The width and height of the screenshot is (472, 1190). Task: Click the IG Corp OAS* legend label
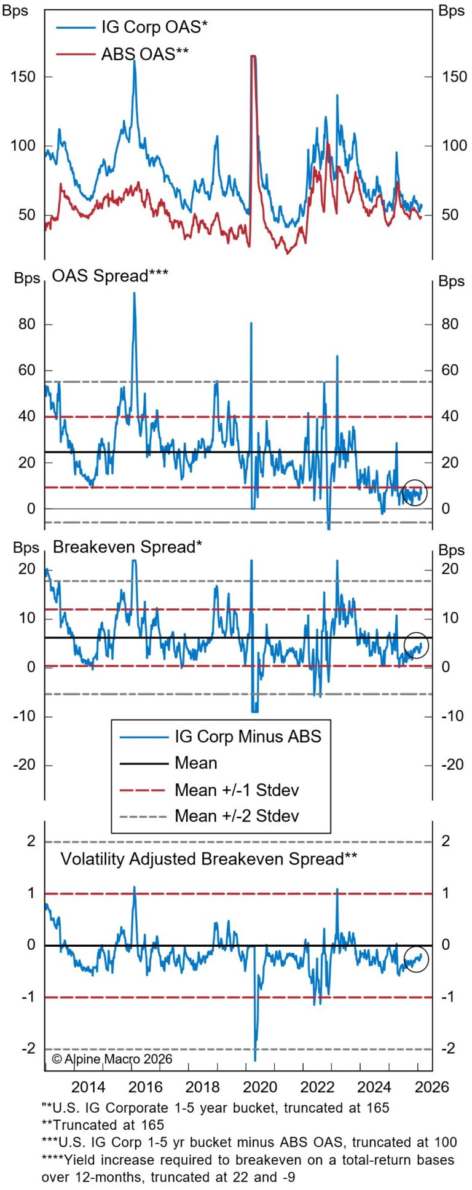click(x=154, y=27)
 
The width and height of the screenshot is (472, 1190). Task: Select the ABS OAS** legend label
click(x=144, y=54)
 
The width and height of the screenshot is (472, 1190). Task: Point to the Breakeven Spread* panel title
click(x=127, y=547)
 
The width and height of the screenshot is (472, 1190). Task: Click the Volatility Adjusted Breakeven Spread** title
click(x=208, y=858)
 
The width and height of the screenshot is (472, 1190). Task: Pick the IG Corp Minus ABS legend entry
click(x=248, y=736)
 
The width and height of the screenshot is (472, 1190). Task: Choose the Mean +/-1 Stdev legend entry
click(x=237, y=789)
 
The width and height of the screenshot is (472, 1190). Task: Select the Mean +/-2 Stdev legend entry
click(x=237, y=816)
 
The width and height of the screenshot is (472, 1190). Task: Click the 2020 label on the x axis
click(x=260, y=1087)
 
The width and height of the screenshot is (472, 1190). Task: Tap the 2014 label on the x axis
click(x=88, y=1087)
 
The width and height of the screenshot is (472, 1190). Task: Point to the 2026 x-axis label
click(x=431, y=1087)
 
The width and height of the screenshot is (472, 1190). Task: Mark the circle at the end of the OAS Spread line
click(x=414, y=492)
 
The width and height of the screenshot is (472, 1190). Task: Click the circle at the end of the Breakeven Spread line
click(x=416, y=645)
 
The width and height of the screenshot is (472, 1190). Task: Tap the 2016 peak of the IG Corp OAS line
click(x=134, y=61)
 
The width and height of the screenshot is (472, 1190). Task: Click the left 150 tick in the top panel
click(x=23, y=77)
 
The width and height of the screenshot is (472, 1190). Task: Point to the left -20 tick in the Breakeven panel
click(x=23, y=765)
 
